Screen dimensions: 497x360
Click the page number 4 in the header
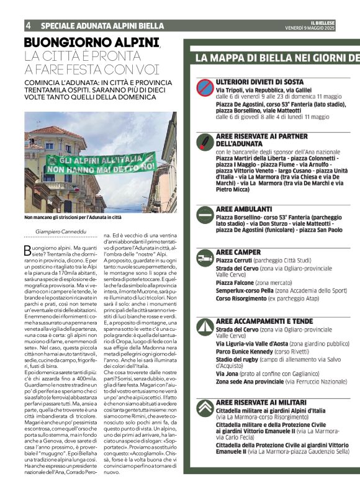[29, 25]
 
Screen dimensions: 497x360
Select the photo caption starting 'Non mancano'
[73, 218]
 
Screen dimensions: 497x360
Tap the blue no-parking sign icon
[204, 86]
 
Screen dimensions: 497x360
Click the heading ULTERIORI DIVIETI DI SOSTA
[259, 81]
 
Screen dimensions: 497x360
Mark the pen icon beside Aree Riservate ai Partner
[204, 141]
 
